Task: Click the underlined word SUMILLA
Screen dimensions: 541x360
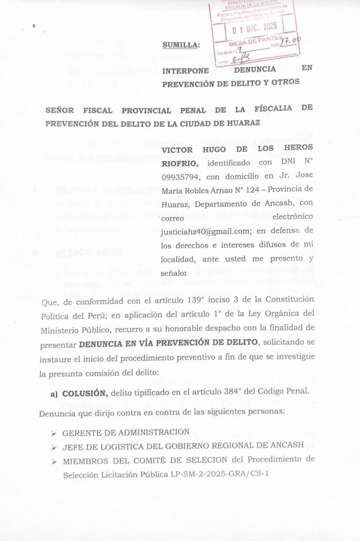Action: [181, 46]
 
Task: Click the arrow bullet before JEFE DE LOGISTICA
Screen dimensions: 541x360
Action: [54, 445]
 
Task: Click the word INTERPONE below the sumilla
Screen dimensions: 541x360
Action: [185, 70]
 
